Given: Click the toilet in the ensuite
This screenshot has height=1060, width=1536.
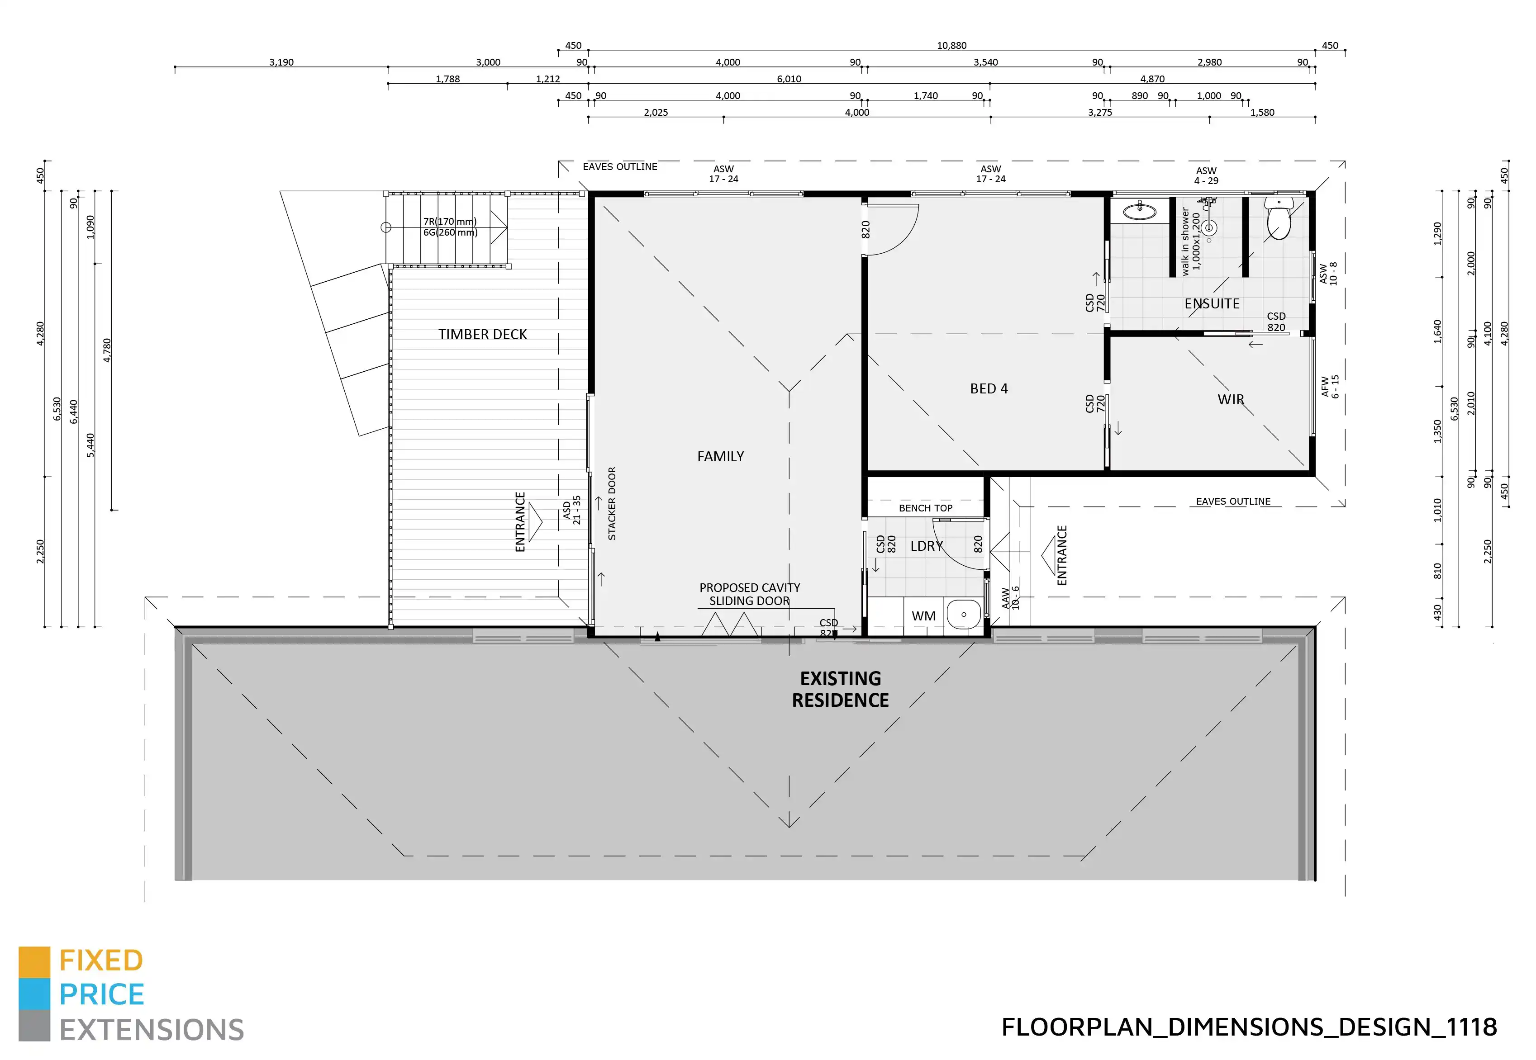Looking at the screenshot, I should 1278,219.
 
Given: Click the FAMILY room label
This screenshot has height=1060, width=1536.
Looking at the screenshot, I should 720,456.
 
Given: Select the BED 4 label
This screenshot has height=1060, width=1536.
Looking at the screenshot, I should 989,388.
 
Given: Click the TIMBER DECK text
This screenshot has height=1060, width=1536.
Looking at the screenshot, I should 482,334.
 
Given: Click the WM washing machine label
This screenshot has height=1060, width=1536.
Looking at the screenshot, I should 923,615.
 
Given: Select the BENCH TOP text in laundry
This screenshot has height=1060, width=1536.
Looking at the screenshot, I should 926,508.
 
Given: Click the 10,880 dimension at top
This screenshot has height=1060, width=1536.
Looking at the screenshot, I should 951,45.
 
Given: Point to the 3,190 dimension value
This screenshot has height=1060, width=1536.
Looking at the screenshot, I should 281,62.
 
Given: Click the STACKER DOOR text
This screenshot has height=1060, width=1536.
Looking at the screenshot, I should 612,503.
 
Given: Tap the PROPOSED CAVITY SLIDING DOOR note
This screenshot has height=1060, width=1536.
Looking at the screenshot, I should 749,594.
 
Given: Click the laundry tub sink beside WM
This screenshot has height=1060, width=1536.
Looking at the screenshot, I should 963,615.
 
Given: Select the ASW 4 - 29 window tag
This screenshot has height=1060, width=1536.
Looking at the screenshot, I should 1206,175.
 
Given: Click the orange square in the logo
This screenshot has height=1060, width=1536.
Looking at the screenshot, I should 34,962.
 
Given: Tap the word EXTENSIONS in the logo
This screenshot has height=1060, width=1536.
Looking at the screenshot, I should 152,1029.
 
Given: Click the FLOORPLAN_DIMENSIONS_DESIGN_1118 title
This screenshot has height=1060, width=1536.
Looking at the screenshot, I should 1249,1027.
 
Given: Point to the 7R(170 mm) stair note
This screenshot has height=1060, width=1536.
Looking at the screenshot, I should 450,221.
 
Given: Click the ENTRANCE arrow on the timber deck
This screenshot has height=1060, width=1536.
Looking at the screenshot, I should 534,522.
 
